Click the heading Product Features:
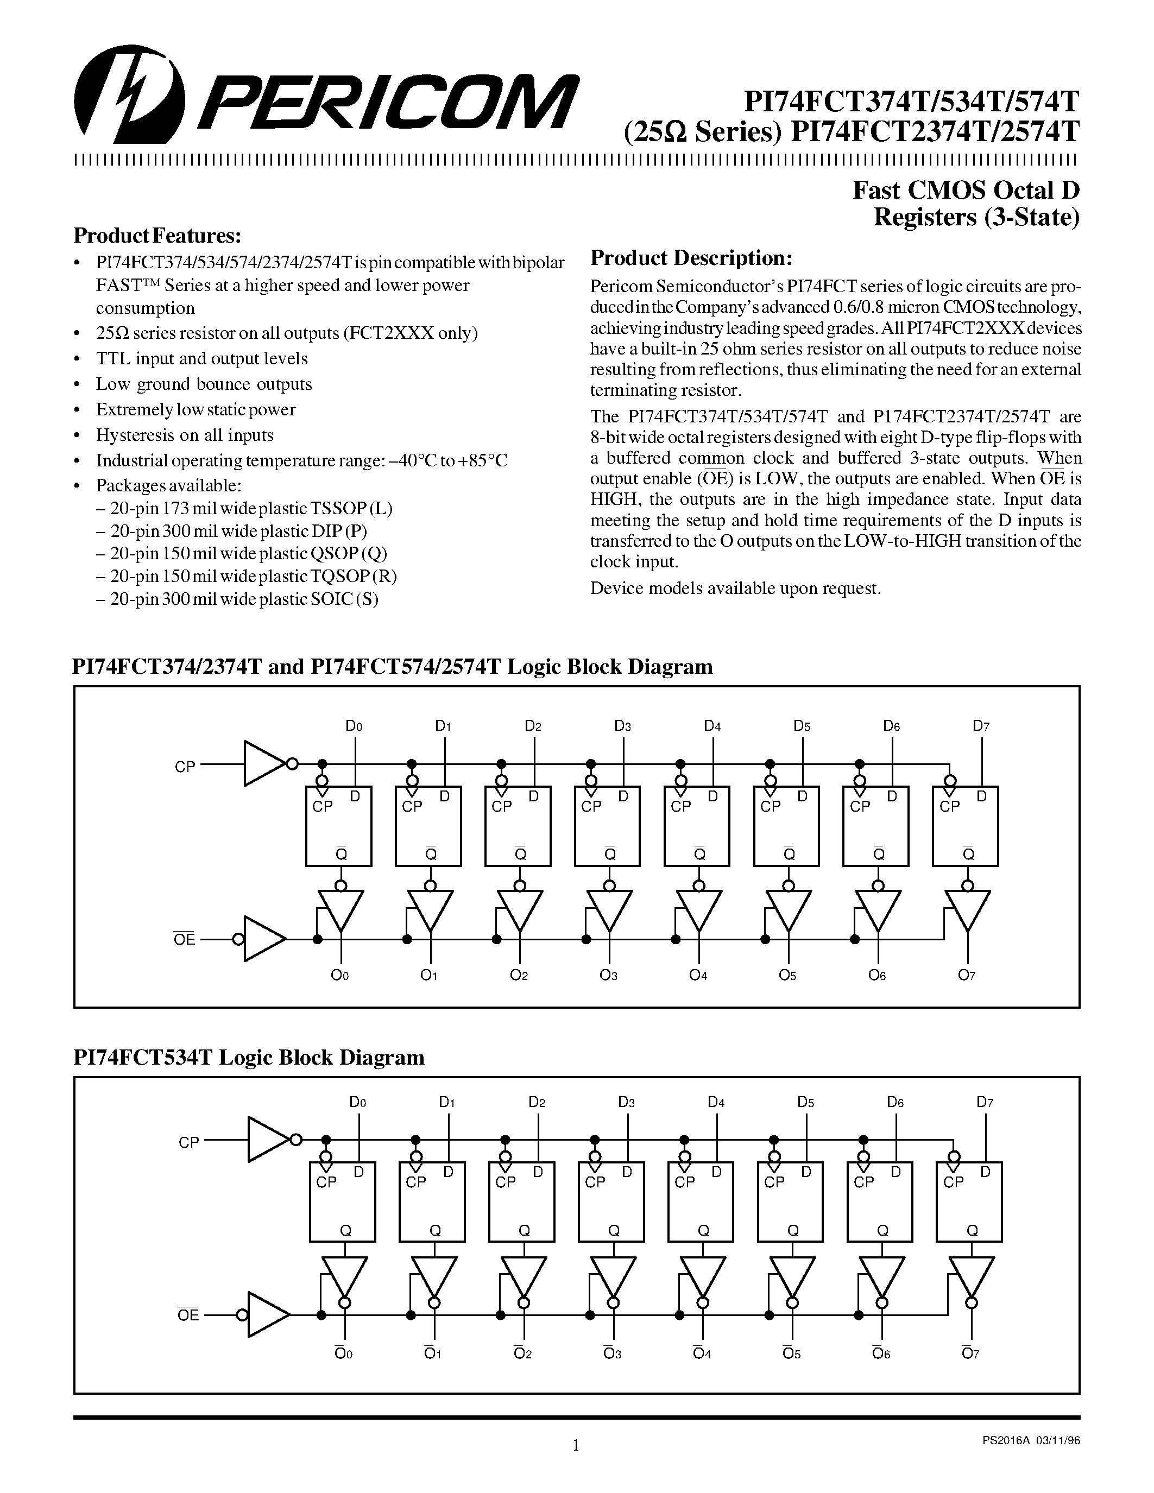coord(157,236)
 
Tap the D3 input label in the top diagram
coord(622,726)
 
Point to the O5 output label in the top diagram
coord(787,976)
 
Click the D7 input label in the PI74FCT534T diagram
coord(985,1102)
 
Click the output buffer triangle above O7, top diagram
coord(967,910)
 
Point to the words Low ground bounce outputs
coord(204,384)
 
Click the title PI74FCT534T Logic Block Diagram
coord(249,1058)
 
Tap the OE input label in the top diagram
coord(185,939)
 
